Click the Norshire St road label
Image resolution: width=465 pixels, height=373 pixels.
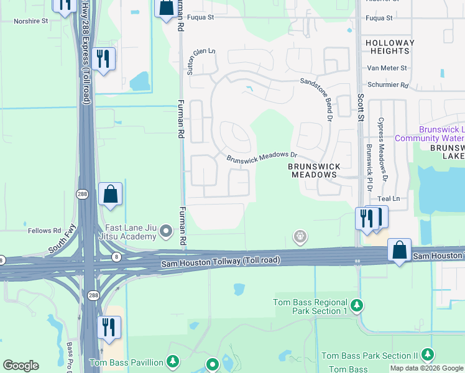[x=31, y=21]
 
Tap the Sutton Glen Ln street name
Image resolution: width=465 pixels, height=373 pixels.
[x=201, y=61]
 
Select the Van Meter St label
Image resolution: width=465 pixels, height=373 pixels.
[x=387, y=68]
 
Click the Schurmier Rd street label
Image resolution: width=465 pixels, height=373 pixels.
[x=387, y=85]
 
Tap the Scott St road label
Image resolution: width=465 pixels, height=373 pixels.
[x=360, y=103]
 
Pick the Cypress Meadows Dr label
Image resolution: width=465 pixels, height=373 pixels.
[x=383, y=149]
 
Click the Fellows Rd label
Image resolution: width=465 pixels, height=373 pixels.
[x=44, y=231]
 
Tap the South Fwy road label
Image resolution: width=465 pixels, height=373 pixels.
[x=62, y=239]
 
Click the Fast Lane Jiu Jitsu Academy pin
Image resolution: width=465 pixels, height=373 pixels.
[x=166, y=232]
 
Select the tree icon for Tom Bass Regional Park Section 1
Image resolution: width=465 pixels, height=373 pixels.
[x=356, y=306]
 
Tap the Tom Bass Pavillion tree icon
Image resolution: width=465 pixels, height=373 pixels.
[x=173, y=362]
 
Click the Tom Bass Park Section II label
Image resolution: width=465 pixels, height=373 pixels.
[x=369, y=356]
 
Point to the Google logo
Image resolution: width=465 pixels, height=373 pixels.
[x=21, y=366]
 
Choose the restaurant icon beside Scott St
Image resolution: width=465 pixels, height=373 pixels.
[x=366, y=218]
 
